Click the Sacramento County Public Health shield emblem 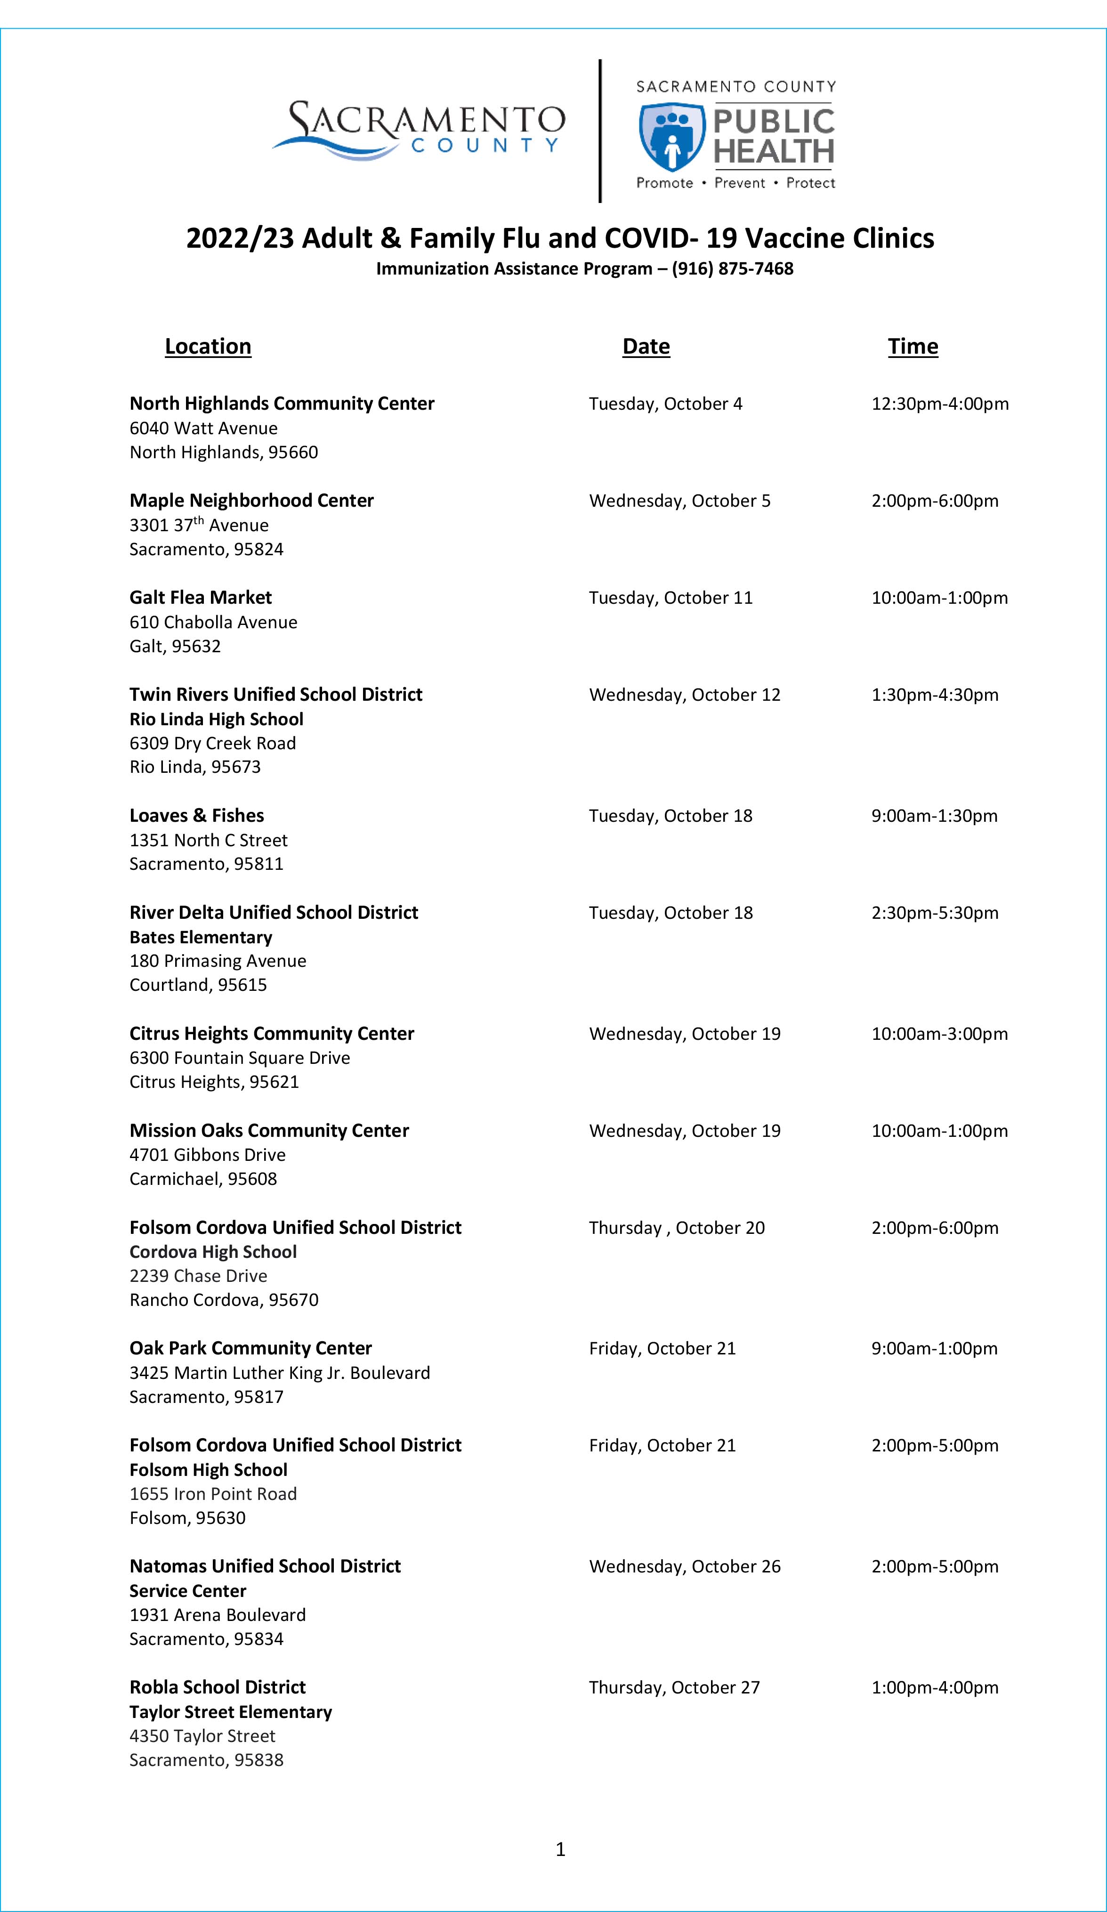pos(671,137)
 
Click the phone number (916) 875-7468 pos(732,268)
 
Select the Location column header pos(208,346)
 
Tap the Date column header pos(646,346)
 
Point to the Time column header pos(913,346)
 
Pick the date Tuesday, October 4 pos(665,404)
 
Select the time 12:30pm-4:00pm pos(939,404)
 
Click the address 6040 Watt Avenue pos(203,428)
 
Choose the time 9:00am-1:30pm pos(934,816)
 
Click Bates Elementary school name pos(200,937)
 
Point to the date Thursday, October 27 pos(674,1687)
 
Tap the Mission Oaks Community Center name pos(268,1131)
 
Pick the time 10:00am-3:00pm pos(939,1033)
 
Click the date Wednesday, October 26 pos(684,1566)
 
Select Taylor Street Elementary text pos(231,1712)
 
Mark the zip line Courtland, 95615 pos(198,985)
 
